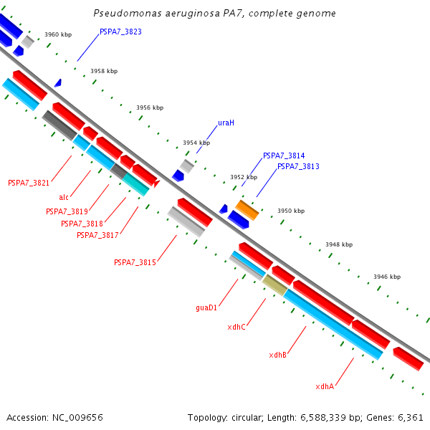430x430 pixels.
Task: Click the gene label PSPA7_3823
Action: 120,32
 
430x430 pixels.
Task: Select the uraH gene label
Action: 226,123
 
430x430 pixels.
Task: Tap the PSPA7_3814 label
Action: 284,156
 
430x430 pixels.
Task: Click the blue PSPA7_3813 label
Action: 298,166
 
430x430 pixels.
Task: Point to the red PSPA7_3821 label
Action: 29,183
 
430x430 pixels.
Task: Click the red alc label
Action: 64,197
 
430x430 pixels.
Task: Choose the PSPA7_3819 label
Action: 67,211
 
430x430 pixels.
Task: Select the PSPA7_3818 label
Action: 82,224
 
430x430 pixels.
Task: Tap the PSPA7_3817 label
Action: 97,235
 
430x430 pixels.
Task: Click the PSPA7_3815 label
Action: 135,262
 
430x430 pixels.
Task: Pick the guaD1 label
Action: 206,308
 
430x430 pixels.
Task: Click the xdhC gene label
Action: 236,328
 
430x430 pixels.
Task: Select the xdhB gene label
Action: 278,355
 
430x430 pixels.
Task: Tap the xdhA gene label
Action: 325,387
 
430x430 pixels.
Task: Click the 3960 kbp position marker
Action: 58,34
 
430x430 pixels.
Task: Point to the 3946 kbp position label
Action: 387,277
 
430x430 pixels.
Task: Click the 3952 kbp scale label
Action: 244,177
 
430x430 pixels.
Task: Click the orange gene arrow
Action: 247,210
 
